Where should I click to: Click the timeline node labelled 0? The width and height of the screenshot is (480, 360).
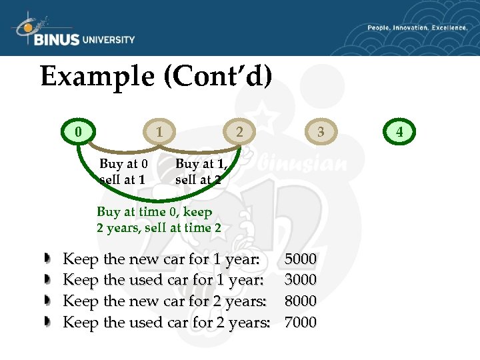tap(79, 131)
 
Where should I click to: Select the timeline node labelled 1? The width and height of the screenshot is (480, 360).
tap(159, 131)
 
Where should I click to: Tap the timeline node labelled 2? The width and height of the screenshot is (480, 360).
tap(239, 131)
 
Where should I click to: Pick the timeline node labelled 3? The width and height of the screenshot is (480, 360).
tap(321, 131)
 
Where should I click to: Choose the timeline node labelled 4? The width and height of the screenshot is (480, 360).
tap(399, 131)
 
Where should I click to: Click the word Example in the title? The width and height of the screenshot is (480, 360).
tap(97, 77)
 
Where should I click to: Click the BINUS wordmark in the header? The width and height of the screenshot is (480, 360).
tap(56, 39)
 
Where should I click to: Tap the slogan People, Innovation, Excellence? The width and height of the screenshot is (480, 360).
tap(417, 28)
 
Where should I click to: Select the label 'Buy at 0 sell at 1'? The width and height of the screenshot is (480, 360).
tap(123, 171)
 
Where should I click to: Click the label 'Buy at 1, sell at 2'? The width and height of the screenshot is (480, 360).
tap(201, 171)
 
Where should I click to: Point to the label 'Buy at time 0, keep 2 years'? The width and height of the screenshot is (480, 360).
tap(159, 219)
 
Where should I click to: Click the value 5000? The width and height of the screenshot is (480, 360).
tap(301, 259)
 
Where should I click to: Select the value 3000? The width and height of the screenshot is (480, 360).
tap(301, 280)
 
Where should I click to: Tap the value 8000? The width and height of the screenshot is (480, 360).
tap(301, 301)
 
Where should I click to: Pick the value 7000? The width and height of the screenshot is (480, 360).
tap(301, 323)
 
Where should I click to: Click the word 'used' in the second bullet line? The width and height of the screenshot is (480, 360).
tap(145, 280)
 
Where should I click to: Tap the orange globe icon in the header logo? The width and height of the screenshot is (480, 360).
tap(27, 27)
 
